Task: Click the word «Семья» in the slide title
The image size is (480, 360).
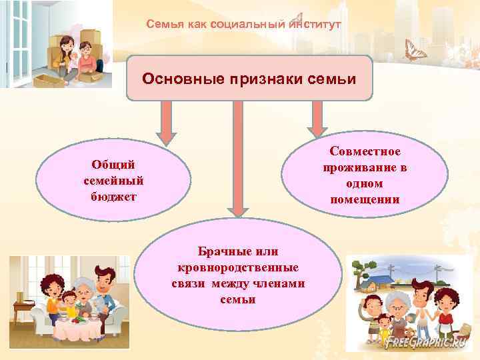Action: [161, 24]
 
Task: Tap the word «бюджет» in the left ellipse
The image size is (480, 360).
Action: [113, 197]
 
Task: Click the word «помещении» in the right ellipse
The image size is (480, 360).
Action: [364, 199]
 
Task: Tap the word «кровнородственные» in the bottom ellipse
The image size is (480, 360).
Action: [237, 267]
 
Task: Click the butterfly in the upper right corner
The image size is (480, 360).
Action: [415, 49]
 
